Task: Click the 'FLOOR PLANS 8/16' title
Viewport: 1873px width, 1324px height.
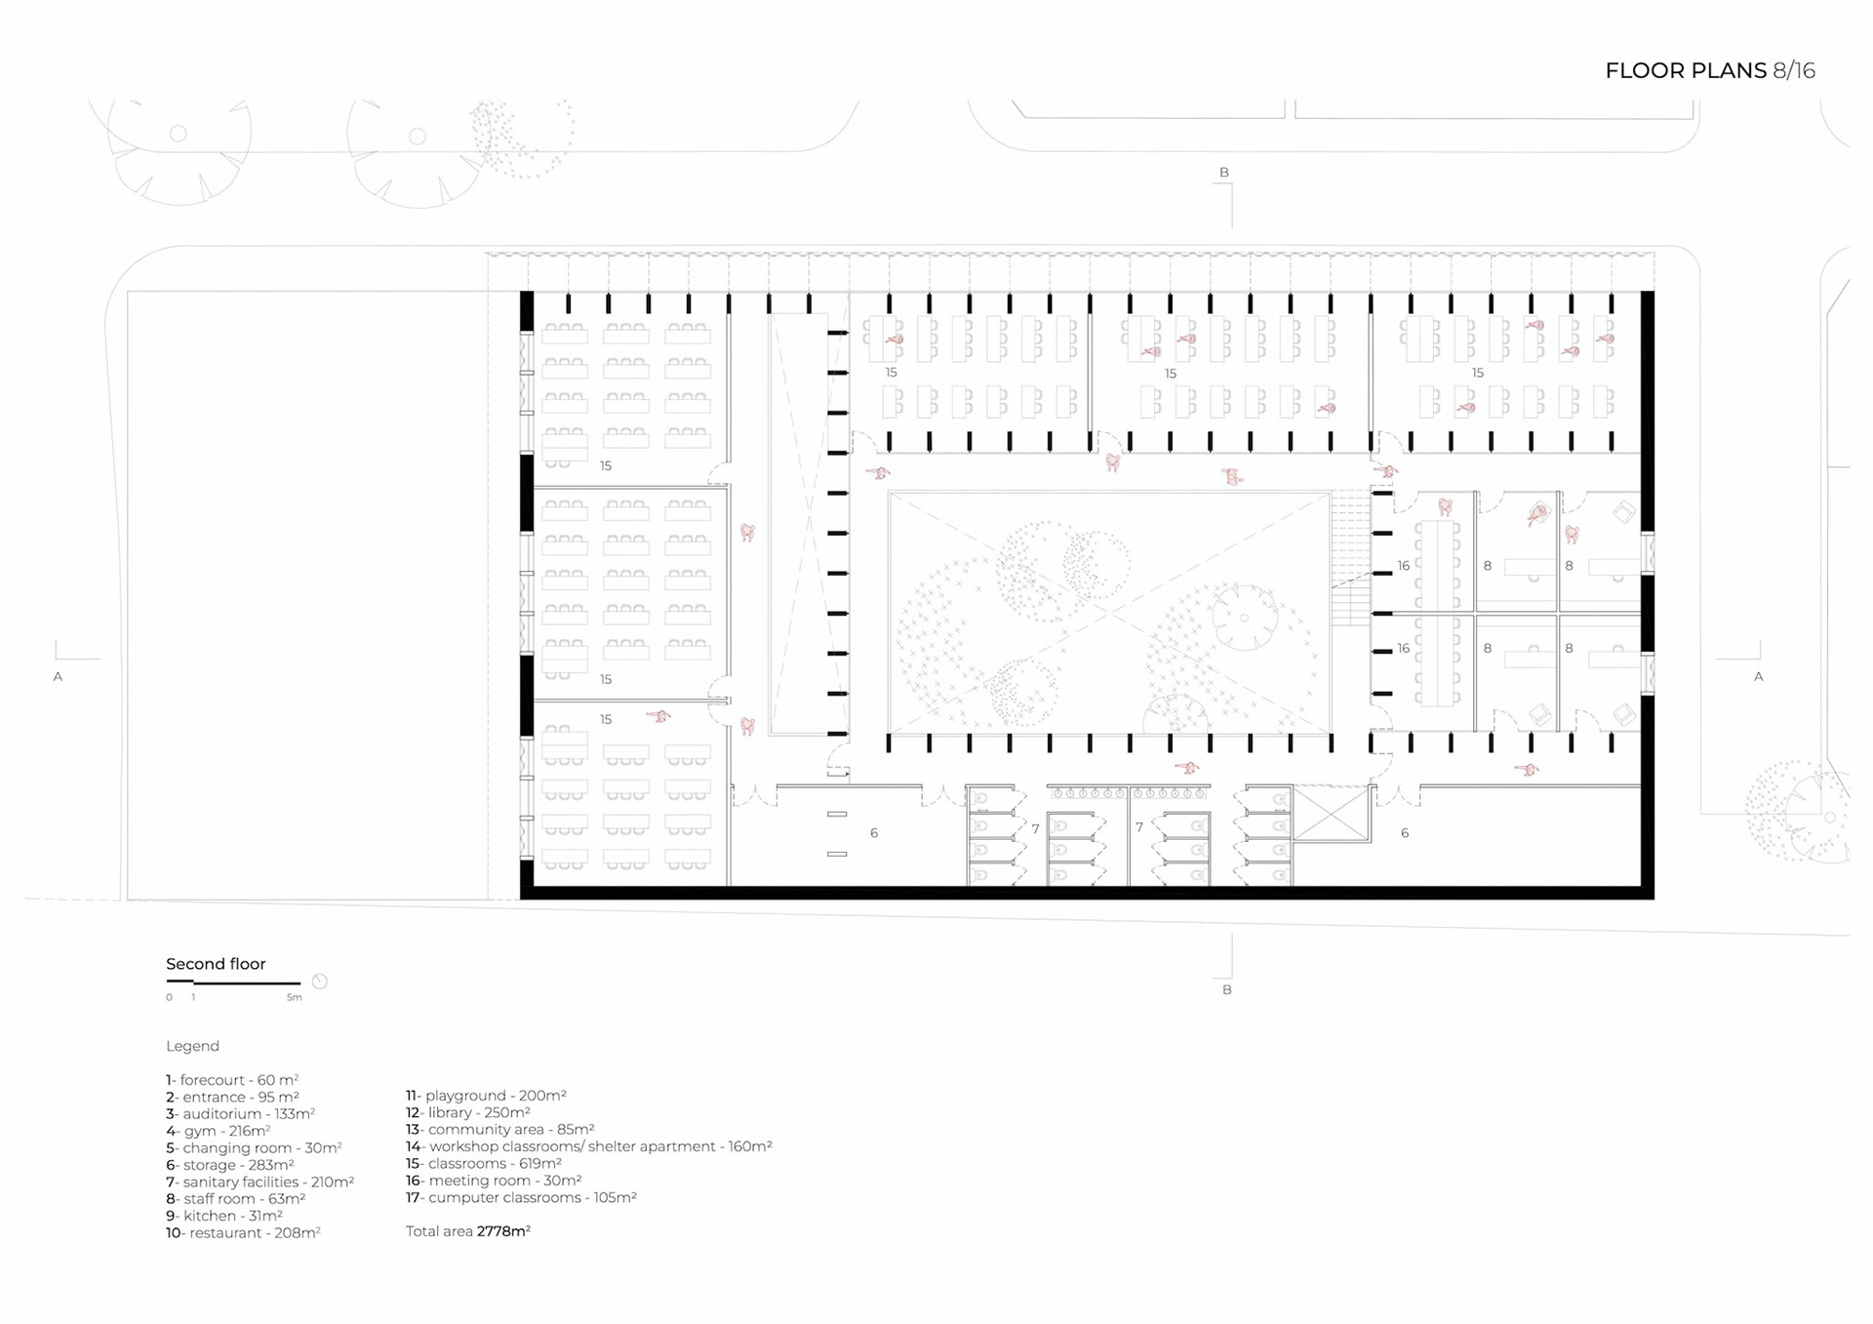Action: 1709,70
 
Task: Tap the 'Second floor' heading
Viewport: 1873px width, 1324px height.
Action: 216,964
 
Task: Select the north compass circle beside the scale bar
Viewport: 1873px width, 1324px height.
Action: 319,982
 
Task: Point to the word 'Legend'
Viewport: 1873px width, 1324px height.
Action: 192,1046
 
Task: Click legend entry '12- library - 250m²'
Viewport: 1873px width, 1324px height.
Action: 468,1112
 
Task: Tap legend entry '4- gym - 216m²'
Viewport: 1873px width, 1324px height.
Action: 218,1131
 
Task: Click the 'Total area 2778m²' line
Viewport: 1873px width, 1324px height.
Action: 468,1231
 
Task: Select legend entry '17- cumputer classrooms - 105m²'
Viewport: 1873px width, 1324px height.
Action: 521,1197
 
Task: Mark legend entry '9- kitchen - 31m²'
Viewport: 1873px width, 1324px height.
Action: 224,1216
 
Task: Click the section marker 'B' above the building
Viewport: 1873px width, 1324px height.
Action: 1224,173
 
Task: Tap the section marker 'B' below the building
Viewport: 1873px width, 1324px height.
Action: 1227,989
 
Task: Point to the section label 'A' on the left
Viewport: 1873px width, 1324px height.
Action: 58,676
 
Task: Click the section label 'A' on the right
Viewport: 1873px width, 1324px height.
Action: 1759,676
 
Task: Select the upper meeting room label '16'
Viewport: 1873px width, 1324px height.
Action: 1404,566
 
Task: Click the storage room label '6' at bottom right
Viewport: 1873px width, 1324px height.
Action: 1405,833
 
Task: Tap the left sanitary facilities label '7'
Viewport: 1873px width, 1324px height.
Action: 1035,828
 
